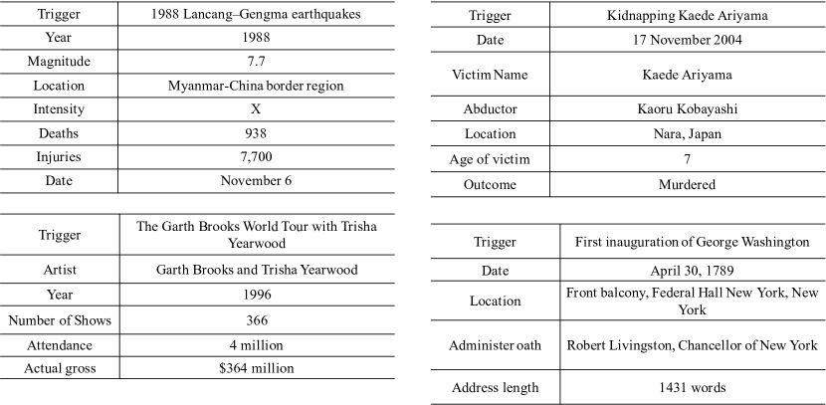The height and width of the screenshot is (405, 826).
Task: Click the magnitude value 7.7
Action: point(256,62)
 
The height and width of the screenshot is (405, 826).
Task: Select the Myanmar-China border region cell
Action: point(256,86)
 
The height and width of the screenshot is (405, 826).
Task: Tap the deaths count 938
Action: point(256,132)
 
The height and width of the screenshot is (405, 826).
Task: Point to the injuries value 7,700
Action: point(256,156)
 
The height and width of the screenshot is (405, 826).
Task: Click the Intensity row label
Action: point(59,109)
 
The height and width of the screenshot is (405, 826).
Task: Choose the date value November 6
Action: point(256,180)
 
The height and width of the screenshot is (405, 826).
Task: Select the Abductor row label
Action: point(490,108)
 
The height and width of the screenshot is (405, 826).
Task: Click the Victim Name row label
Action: point(490,75)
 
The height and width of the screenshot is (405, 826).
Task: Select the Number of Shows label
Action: point(59,320)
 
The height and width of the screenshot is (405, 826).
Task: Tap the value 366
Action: point(256,320)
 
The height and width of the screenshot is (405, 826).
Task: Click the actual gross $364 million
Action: point(256,369)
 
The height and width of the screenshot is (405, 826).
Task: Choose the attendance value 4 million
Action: point(256,344)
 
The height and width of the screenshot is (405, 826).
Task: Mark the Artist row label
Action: point(59,270)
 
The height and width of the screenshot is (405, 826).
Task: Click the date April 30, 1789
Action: point(693,270)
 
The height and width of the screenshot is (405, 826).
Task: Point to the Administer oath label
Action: point(497,345)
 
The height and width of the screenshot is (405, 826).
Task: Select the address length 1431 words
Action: point(693,387)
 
